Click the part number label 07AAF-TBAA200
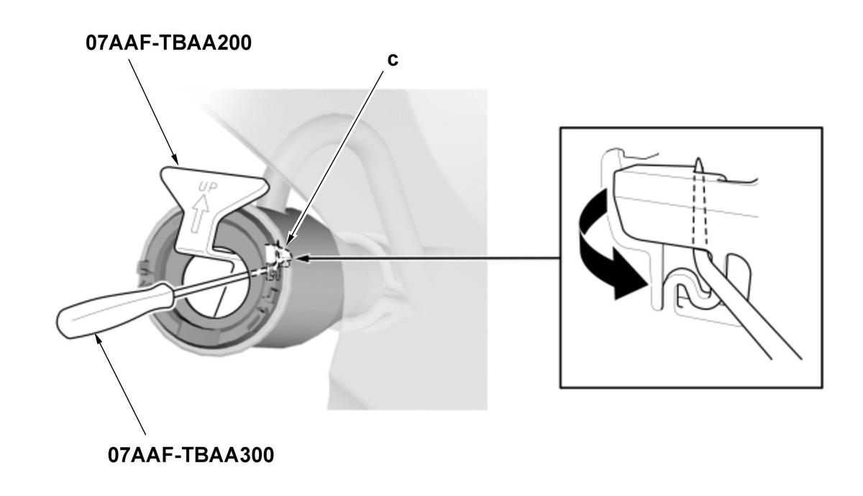click(168, 42)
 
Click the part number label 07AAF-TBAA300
click(191, 455)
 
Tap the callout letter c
click(393, 60)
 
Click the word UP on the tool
click(208, 187)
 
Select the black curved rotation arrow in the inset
click(608, 247)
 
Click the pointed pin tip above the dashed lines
click(698, 160)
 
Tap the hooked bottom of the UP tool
click(216, 251)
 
